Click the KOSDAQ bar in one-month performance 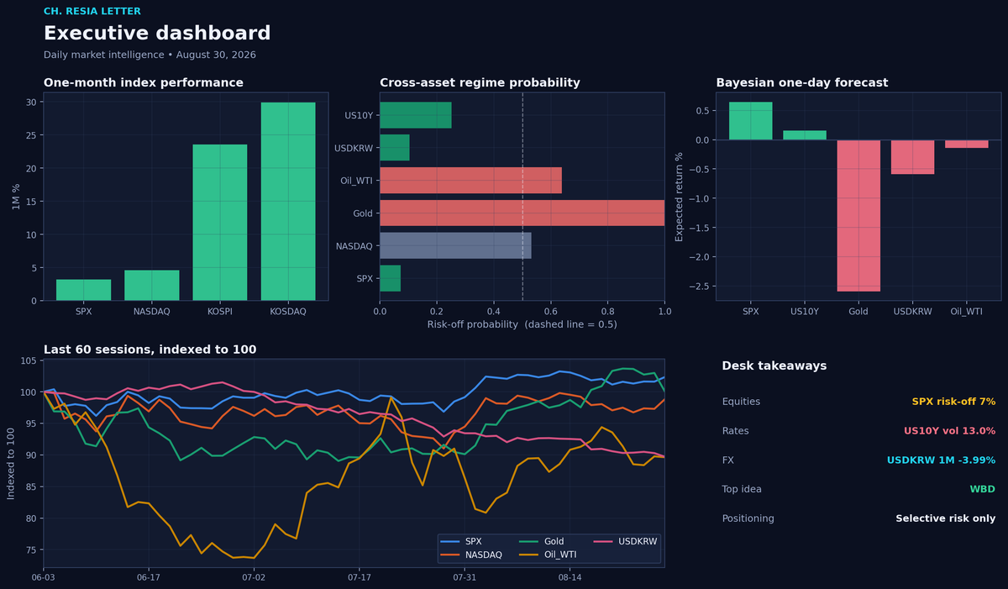[x=288, y=201]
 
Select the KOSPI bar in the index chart [x=219, y=223]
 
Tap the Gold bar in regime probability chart [x=522, y=213]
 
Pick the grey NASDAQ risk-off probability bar [x=455, y=245]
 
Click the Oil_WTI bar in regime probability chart [x=470, y=181]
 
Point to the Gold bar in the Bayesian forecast [x=858, y=216]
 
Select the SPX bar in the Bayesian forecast [x=751, y=121]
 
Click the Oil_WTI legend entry [x=548, y=555]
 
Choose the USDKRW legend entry [x=625, y=541]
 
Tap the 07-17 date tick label [x=360, y=577]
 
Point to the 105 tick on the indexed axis [x=29, y=360]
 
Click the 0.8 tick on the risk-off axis [x=607, y=312]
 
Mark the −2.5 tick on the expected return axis [x=699, y=287]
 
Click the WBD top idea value [x=982, y=489]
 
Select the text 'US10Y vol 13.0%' [x=949, y=430]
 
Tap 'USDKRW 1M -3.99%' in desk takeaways [x=941, y=460]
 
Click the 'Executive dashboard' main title [x=157, y=33]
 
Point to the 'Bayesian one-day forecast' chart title [x=802, y=83]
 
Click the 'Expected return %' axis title [x=679, y=197]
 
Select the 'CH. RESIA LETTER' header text [x=92, y=11]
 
